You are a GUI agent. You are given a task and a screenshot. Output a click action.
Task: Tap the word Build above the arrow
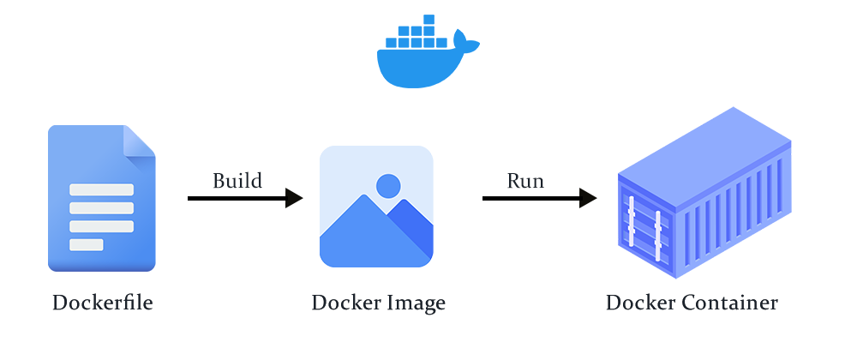237,181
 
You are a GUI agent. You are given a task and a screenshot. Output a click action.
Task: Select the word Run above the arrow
525,181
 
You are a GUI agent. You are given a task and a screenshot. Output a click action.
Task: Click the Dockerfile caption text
102,303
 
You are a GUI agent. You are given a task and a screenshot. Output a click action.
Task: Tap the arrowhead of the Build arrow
294,198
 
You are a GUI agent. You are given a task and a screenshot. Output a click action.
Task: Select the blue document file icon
101,199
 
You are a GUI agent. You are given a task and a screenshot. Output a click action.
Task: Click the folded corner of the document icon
139,141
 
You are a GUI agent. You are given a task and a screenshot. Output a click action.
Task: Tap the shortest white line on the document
87,245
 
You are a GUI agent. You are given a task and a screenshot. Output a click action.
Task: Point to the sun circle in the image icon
388,185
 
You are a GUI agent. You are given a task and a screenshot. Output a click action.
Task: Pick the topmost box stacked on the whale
428,20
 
